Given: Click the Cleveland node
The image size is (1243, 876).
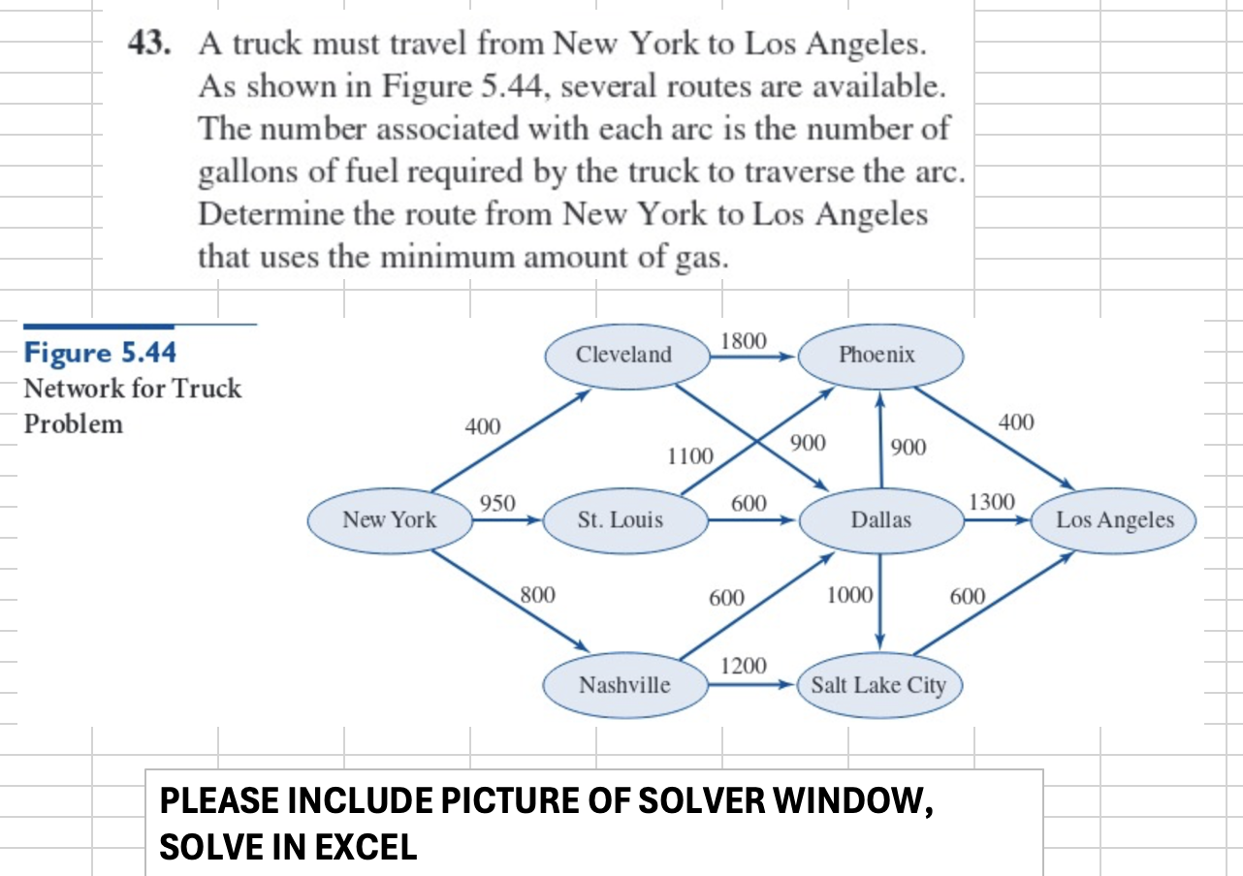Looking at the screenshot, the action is pyautogui.click(x=623, y=355).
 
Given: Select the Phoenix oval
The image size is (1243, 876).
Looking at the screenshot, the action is pyautogui.click(x=876, y=355).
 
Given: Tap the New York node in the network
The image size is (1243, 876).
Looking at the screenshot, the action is pyautogui.click(x=390, y=520).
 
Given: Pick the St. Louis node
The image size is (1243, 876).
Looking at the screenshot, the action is pyautogui.click(x=621, y=520).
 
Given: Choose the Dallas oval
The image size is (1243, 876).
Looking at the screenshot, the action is pyautogui.click(x=880, y=520).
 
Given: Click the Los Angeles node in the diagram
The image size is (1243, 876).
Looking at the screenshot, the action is pyautogui.click(x=1115, y=520).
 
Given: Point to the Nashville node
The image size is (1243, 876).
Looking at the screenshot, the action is pyautogui.click(x=624, y=685).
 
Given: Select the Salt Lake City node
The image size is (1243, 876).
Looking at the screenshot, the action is pyautogui.click(x=877, y=685).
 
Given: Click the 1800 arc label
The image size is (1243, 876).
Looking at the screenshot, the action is pyautogui.click(x=745, y=341).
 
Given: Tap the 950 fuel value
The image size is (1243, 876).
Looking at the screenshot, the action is pyautogui.click(x=497, y=503).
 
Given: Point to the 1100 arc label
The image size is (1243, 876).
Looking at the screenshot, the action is pyautogui.click(x=689, y=455).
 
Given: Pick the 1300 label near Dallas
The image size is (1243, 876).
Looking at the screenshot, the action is pyautogui.click(x=992, y=502).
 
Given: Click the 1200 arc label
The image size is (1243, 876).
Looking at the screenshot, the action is pyautogui.click(x=744, y=667).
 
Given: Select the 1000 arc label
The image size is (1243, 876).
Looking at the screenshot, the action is pyautogui.click(x=849, y=595).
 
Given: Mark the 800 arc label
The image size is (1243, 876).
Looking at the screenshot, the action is pyautogui.click(x=537, y=594).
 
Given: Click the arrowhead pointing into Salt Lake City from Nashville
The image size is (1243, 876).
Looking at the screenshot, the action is pyautogui.click(x=787, y=684).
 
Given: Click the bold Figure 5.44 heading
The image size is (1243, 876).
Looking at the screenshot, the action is pyautogui.click(x=93, y=352).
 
